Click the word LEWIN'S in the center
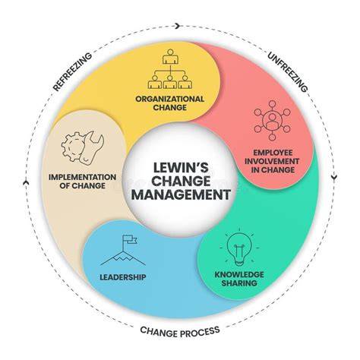(x=181, y=168)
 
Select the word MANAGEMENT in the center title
(x=181, y=194)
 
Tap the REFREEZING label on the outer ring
(x=73, y=72)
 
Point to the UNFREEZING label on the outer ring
(x=288, y=72)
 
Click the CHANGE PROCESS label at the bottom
(x=180, y=331)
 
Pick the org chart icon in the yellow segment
(x=170, y=69)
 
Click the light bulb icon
(x=239, y=248)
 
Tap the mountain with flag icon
(x=123, y=250)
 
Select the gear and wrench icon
(x=83, y=147)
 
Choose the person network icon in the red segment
(x=272, y=121)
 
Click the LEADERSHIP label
(x=123, y=277)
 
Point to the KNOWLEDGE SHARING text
(x=239, y=279)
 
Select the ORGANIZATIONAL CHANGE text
(x=170, y=103)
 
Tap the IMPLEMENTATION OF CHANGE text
(x=83, y=182)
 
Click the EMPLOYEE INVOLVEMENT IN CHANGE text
(x=272, y=161)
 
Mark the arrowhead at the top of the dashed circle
(x=178, y=26)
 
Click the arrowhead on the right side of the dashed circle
(x=335, y=177)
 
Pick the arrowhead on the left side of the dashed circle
(x=26, y=182)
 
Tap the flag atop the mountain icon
(x=130, y=239)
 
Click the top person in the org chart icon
(x=170, y=56)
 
